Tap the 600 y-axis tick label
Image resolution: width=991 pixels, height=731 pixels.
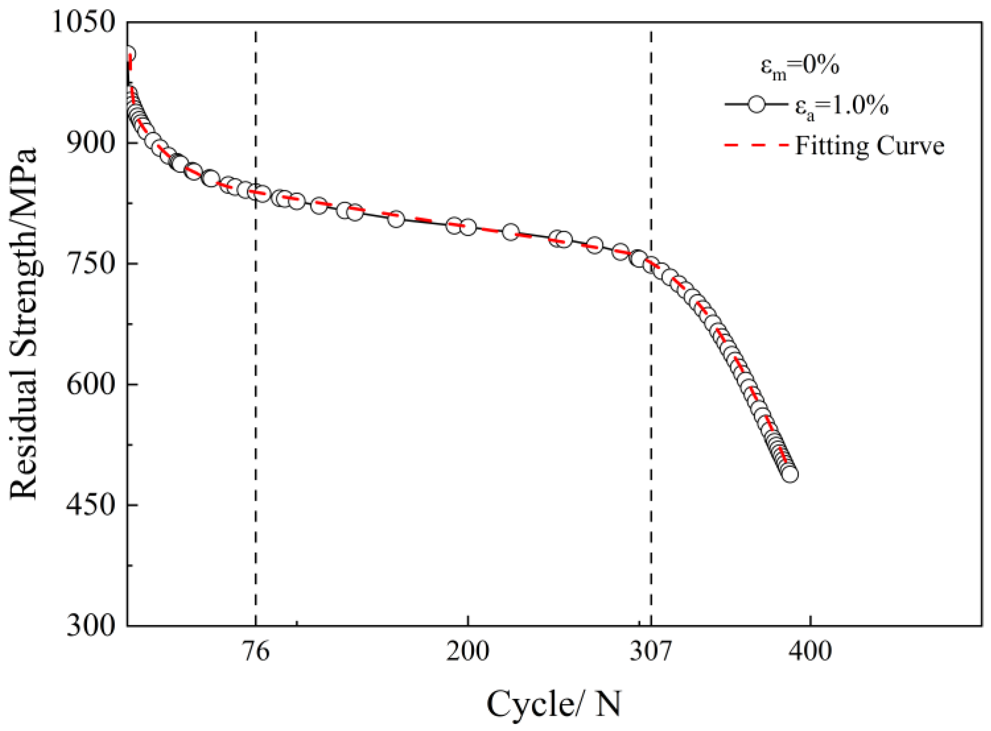pos(91,384)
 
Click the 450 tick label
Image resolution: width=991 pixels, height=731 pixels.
pos(91,505)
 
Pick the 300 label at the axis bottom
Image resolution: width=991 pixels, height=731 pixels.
pos(91,626)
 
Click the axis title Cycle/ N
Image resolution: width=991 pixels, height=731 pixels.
pos(554,704)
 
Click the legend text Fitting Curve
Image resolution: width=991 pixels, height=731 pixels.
pos(869,145)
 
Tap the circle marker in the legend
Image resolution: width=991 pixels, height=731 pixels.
pos(756,105)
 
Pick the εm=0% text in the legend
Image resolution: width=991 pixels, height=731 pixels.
pos(800,67)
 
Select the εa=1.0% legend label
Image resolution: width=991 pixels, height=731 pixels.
pos(840,107)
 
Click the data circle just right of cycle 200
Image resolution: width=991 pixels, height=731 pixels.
pos(469,228)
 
